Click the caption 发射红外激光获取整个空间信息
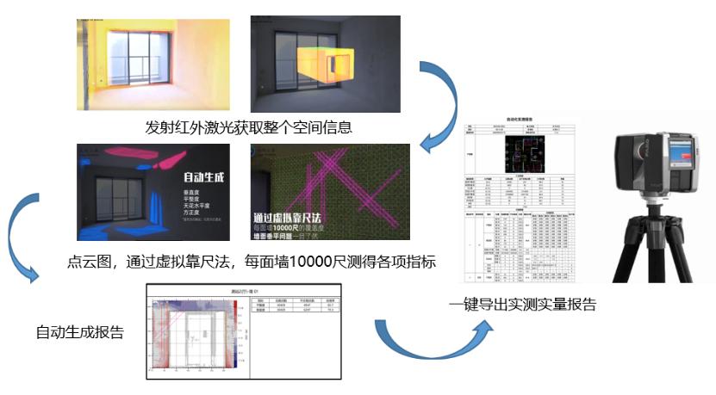pyautogui.click(x=250, y=127)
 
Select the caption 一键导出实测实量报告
pyautogui.click(x=523, y=304)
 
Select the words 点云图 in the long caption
pyautogui.click(x=88, y=260)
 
